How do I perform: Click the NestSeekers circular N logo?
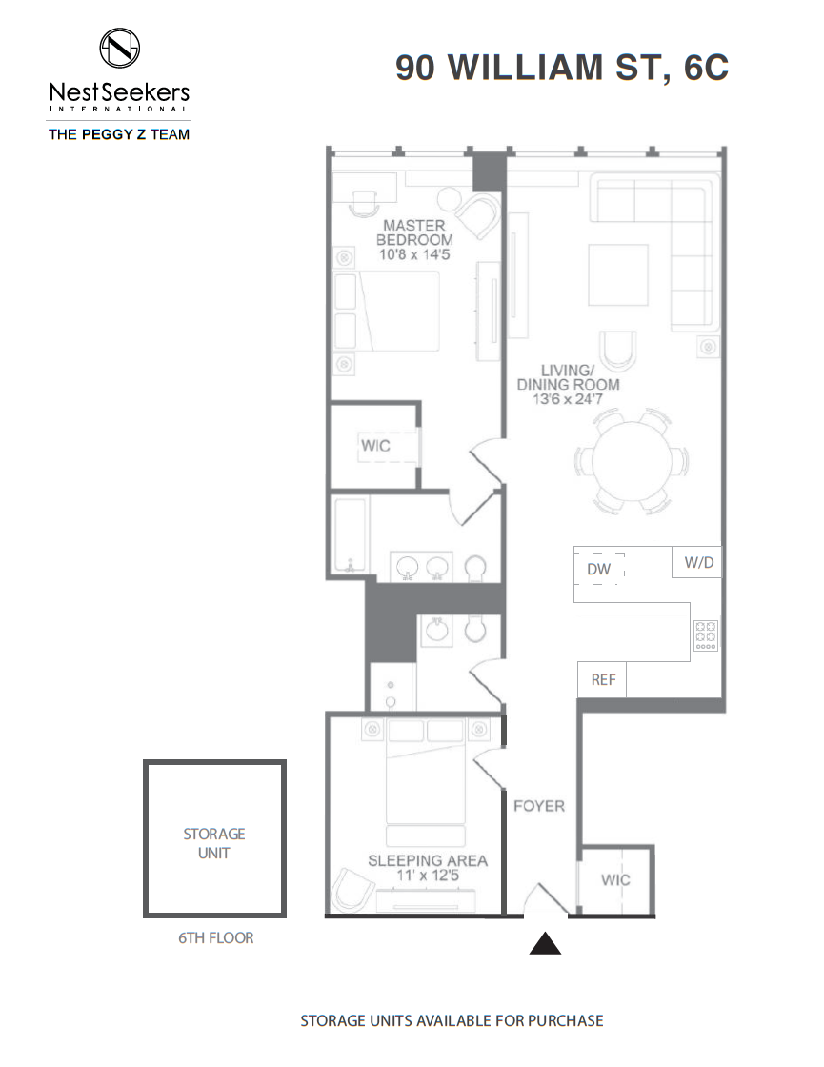[120, 48]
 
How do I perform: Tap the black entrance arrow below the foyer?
[545, 944]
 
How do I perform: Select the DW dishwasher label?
[599, 569]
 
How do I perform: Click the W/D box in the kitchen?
[696, 562]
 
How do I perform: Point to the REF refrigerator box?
[602, 679]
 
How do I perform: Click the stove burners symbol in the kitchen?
[706, 635]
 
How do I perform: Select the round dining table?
[633, 461]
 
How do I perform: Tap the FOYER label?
[539, 806]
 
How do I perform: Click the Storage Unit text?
[214, 843]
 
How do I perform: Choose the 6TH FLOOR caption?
[215, 937]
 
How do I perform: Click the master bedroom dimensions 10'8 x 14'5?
[414, 254]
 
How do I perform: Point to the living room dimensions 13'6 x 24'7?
[568, 399]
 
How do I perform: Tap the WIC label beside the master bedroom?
[375, 446]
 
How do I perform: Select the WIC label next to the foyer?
[615, 880]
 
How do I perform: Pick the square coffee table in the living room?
[618, 275]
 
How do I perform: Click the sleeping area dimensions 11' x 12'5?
[428, 876]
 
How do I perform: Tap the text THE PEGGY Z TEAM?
[119, 134]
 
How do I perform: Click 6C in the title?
[706, 68]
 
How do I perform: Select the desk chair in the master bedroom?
[364, 204]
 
